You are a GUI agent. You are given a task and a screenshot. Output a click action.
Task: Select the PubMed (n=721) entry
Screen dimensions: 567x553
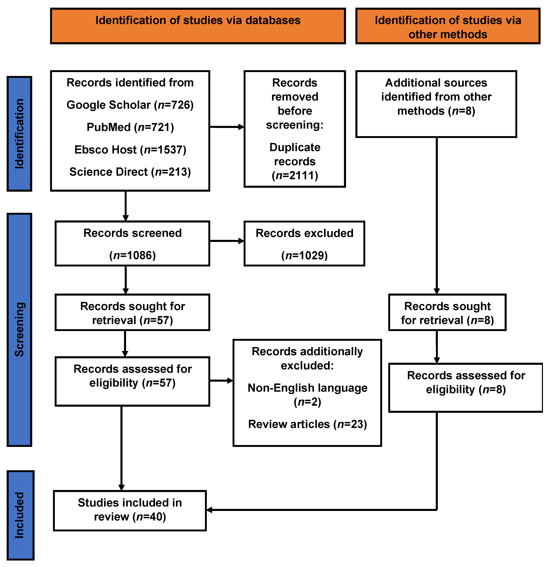(130, 127)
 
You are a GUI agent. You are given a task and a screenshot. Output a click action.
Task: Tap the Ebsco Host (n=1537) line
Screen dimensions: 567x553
(130, 150)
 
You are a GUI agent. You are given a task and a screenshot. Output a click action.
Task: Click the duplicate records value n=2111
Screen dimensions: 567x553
(295, 175)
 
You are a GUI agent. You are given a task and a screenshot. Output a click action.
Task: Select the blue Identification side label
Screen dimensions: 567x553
(19, 134)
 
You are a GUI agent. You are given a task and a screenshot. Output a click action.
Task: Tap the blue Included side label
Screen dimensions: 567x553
(20, 515)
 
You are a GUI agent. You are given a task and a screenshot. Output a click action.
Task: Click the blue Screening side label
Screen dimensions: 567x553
(19, 330)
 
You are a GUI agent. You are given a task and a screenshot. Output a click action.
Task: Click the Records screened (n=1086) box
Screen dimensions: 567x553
(132, 244)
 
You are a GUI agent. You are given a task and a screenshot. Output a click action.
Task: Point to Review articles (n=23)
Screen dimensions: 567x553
(307, 424)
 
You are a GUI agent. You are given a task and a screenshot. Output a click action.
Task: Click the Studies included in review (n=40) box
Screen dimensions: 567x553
(130, 510)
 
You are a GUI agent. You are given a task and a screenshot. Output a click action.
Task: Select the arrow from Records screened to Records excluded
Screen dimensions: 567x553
(227, 241)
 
